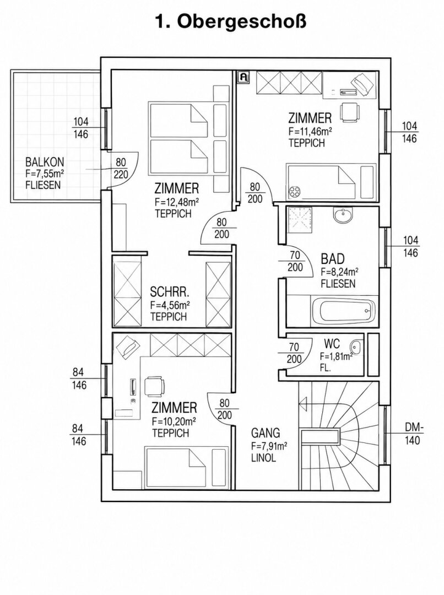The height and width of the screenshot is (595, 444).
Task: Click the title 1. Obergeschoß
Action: pos(230,23)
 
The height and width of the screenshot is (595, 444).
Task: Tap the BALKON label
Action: pos(45,162)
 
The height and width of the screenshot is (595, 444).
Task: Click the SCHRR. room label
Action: pos(170,292)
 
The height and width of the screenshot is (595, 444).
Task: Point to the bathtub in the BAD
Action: pos(344,311)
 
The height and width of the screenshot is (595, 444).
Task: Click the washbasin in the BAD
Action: pos(343,215)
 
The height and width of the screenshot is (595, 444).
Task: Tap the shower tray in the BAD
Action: pos(300,220)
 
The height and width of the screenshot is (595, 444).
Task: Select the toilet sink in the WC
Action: pos(355,345)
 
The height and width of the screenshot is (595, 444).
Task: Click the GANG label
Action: pos(266,432)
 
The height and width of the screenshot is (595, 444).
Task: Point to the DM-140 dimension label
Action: pos(413,434)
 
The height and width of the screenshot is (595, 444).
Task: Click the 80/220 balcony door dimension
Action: pos(121,169)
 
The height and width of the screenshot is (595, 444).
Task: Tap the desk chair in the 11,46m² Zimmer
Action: pos(349,112)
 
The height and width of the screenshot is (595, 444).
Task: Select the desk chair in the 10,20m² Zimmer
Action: pos(154,386)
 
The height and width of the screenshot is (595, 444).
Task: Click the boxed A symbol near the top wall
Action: pos(243,77)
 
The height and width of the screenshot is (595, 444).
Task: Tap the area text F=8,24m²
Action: pos(340,272)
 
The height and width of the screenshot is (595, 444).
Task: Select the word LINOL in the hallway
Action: pos(263,458)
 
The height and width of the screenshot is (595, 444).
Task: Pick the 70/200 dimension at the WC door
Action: pos(294,353)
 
